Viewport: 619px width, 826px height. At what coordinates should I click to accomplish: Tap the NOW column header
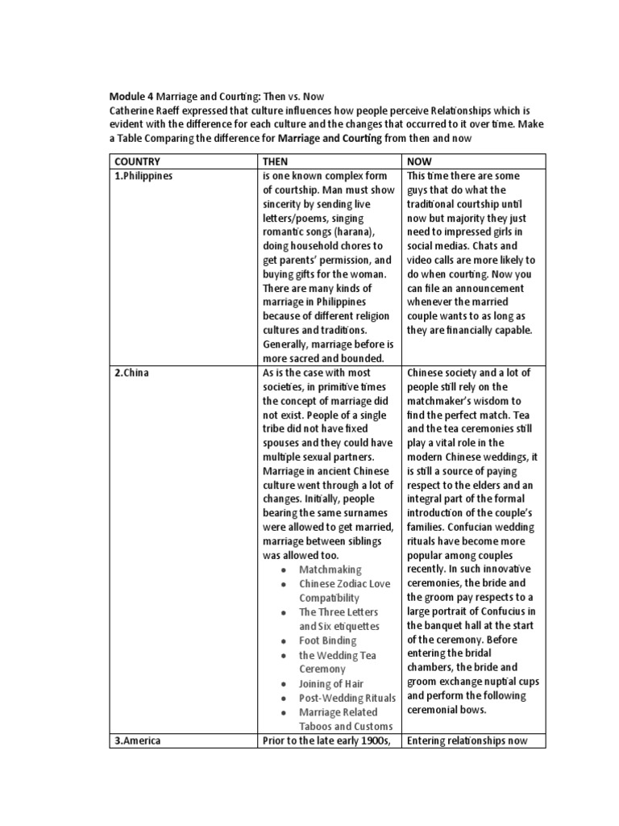tap(421, 161)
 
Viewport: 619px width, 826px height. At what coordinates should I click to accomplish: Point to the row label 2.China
tap(132, 372)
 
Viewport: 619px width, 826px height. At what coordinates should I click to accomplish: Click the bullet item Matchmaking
tap(330, 569)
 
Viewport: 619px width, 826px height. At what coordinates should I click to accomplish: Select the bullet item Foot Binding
tap(328, 640)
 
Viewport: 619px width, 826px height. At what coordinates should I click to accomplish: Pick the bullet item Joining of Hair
tap(331, 683)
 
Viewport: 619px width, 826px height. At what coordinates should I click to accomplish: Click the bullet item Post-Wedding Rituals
tap(347, 698)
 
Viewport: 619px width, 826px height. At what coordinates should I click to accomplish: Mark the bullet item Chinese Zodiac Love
tap(344, 584)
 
